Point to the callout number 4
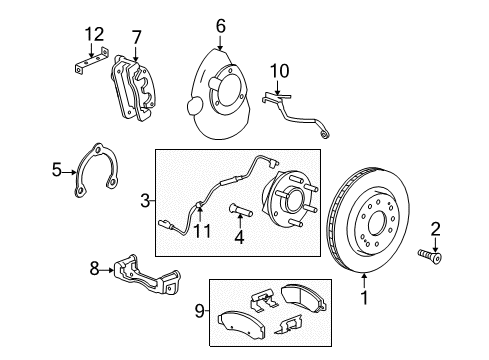pyautogui.click(x=238, y=239)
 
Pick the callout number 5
pyautogui.click(x=58, y=171)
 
